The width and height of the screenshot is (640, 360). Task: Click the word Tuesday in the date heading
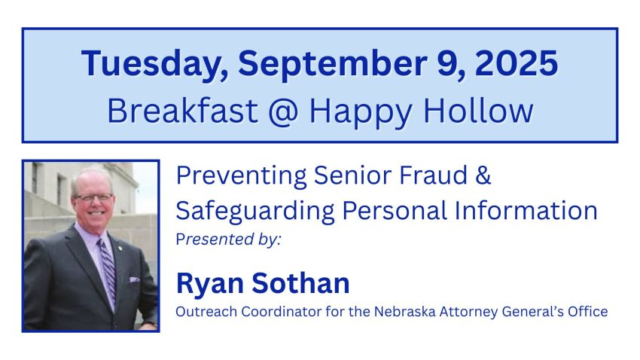point(154,64)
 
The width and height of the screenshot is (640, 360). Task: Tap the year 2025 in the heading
point(517,63)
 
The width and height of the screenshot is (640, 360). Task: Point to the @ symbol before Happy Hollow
point(284,111)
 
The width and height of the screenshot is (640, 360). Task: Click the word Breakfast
point(182,110)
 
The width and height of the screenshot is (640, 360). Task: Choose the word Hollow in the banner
point(478,110)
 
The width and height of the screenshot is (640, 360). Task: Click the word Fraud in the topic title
point(433,175)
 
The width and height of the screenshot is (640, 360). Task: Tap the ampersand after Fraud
point(483,175)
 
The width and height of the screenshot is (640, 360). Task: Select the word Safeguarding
point(255,212)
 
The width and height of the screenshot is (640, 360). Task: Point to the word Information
point(526,211)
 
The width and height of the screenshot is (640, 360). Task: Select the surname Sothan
point(301,283)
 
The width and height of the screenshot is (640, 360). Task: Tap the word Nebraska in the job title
point(405,312)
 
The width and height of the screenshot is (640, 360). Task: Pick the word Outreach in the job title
point(206,312)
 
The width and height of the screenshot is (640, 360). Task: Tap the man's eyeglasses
point(94,197)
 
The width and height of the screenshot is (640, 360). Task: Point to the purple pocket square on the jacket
point(134,279)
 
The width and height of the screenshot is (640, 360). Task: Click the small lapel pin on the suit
point(120,247)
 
